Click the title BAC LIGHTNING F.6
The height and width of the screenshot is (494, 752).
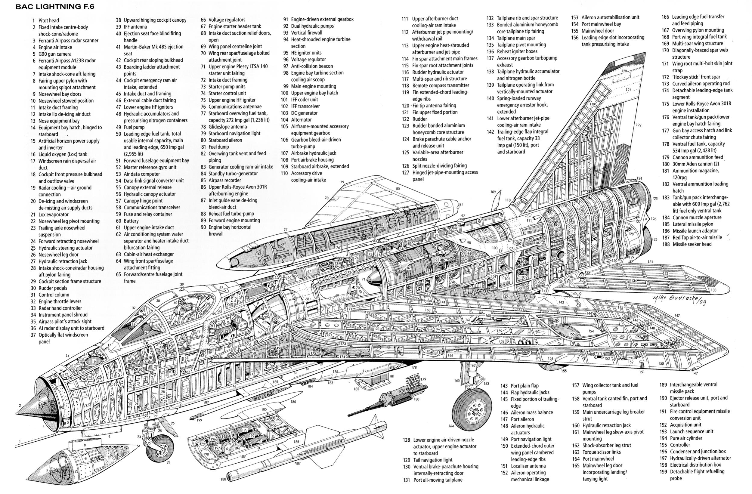[55, 7]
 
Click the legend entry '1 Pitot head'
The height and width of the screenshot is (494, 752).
[46, 20]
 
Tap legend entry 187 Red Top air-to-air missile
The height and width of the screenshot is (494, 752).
[693, 237]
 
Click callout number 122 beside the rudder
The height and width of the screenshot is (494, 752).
[639, 125]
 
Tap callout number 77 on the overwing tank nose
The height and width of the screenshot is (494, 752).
[286, 230]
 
